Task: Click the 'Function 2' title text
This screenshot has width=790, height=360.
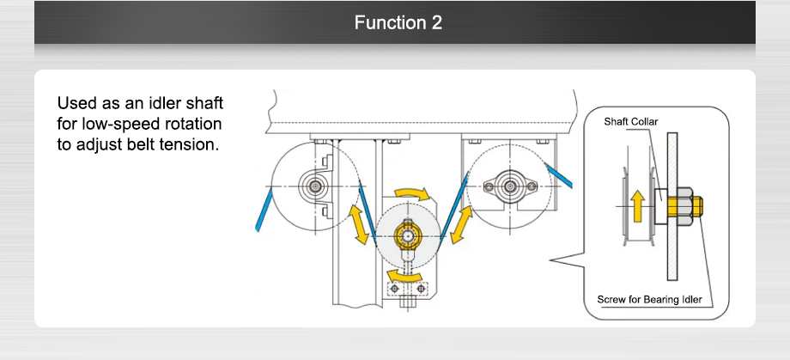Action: point(398,22)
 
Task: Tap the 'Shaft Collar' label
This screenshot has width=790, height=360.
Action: point(630,122)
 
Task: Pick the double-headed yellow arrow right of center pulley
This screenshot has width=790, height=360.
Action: point(460,225)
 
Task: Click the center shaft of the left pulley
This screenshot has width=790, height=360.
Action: point(315,185)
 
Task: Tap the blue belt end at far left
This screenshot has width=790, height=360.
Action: point(263,212)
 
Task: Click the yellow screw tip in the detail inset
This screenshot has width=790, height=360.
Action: point(698,206)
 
